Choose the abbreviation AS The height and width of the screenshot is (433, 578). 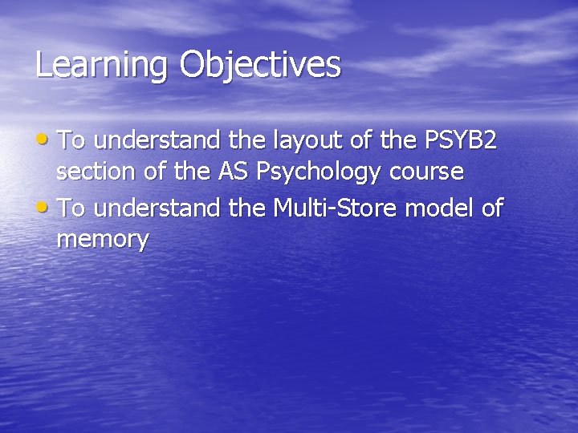233,172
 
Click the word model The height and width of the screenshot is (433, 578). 441,208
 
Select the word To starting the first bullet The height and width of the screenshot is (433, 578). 71,141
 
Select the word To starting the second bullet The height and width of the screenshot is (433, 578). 71,208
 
